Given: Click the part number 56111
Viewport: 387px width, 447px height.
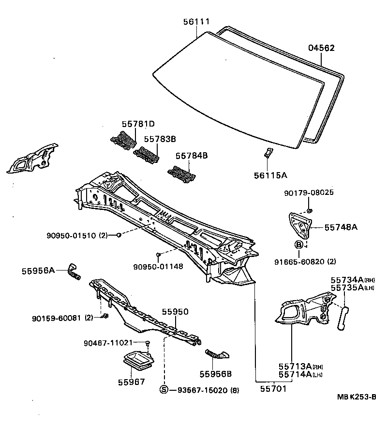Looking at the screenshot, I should [x=196, y=21].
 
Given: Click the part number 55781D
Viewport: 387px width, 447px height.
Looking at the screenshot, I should [x=138, y=124].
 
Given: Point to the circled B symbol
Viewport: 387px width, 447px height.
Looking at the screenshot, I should [x=299, y=245].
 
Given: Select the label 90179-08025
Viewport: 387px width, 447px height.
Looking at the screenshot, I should [x=308, y=193].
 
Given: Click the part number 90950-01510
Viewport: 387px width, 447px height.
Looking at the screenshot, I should [x=72, y=236].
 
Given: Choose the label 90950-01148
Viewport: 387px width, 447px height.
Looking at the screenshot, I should [x=158, y=266].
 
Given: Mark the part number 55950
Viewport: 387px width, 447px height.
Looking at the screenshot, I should [x=175, y=312].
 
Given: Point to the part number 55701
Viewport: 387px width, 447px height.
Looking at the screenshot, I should [x=273, y=389].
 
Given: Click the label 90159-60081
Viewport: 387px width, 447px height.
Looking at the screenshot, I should [x=57, y=318].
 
